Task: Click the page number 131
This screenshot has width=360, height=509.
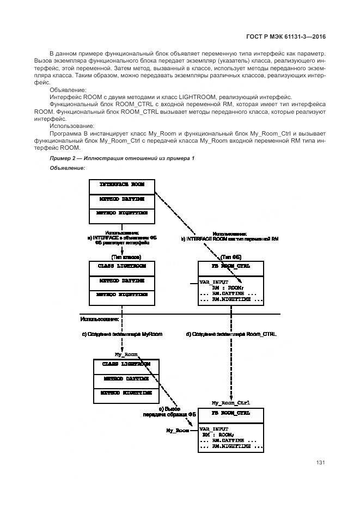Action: (x=321, y=463)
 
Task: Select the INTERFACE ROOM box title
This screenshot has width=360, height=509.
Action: (x=122, y=185)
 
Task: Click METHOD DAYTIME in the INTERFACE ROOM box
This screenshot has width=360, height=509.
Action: (x=122, y=200)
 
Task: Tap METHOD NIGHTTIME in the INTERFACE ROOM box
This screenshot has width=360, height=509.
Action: (x=122, y=214)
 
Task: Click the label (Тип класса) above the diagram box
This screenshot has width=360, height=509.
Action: (x=126, y=256)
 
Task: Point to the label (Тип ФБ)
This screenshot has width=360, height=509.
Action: (x=231, y=256)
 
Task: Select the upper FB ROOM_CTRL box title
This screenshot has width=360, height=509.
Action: (x=231, y=267)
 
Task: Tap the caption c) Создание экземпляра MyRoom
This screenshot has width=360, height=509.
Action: (x=122, y=334)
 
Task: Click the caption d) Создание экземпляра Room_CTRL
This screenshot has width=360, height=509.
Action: (x=231, y=334)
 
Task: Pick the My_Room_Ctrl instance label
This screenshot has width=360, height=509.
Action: (x=230, y=403)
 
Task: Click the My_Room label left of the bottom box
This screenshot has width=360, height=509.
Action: (x=178, y=430)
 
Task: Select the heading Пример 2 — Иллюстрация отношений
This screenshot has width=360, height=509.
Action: (x=122, y=158)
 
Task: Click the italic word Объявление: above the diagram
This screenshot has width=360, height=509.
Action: (x=68, y=168)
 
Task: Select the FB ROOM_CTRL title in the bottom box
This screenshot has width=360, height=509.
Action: (x=231, y=414)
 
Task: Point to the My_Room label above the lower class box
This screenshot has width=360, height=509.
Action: (x=123, y=354)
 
